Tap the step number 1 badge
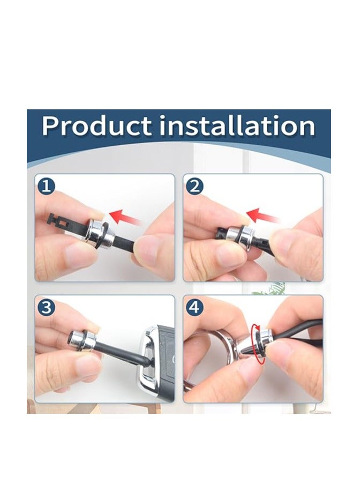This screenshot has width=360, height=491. coord(46,187)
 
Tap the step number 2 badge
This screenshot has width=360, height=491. coord(194,187)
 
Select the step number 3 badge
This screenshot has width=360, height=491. coord(46,308)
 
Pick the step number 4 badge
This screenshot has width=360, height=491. coord(194,308)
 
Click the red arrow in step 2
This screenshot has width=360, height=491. coord(263,215)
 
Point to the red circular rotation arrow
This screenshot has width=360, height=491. coord(258,344)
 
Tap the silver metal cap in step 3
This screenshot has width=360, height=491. coord(82,339)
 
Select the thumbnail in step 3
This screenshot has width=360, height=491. coord(88,365)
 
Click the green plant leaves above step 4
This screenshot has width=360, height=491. coord(270,289)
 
